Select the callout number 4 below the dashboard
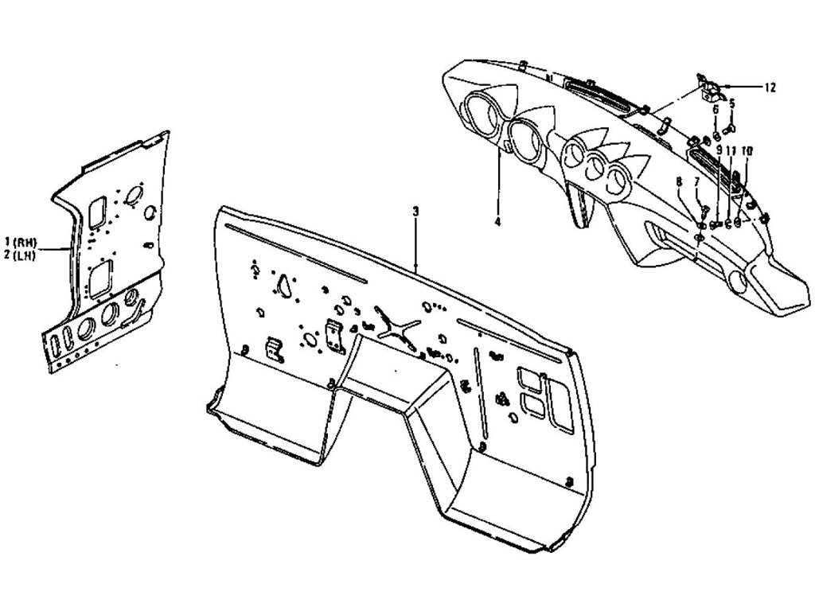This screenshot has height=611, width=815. [x=497, y=223]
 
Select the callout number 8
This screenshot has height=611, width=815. [x=678, y=182]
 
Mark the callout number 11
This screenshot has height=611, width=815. [x=731, y=150]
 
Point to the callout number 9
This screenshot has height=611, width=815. [x=718, y=150]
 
